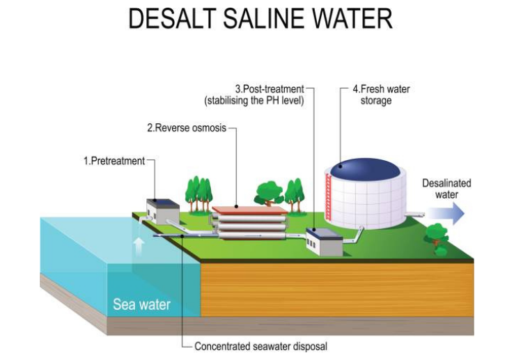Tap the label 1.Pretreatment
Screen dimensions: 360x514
pyautogui.click(x=114, y=161)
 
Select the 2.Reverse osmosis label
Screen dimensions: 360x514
pyautogui.click(x=187, y=128)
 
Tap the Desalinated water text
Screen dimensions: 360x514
pyautogui.click(x=446, y=189)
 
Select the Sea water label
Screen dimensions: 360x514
pyautogui.click(x=141, y=304)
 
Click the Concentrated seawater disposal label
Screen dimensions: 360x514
pyautogui.click(x=260, y=346)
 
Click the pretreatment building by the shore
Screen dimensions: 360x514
pyautogui.click(x=160, y=211)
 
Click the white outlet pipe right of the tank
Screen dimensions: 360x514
pyautogui.click(x=415, y=214)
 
